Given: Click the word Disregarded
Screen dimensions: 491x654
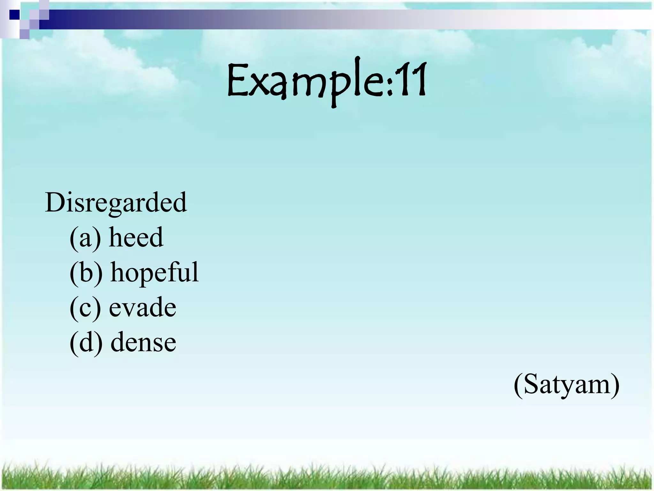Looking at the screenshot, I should pos(116,203).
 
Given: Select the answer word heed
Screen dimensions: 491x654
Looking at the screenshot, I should pos(136,238).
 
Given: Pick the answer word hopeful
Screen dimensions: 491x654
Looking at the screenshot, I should pos(155,272).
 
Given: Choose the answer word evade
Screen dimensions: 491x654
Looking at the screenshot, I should pos(142,307).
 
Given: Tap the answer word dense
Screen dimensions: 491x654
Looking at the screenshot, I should pos(143,342).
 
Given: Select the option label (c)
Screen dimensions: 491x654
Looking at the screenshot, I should pos(85,308).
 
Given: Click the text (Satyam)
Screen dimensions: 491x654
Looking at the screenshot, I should pos(567,385).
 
